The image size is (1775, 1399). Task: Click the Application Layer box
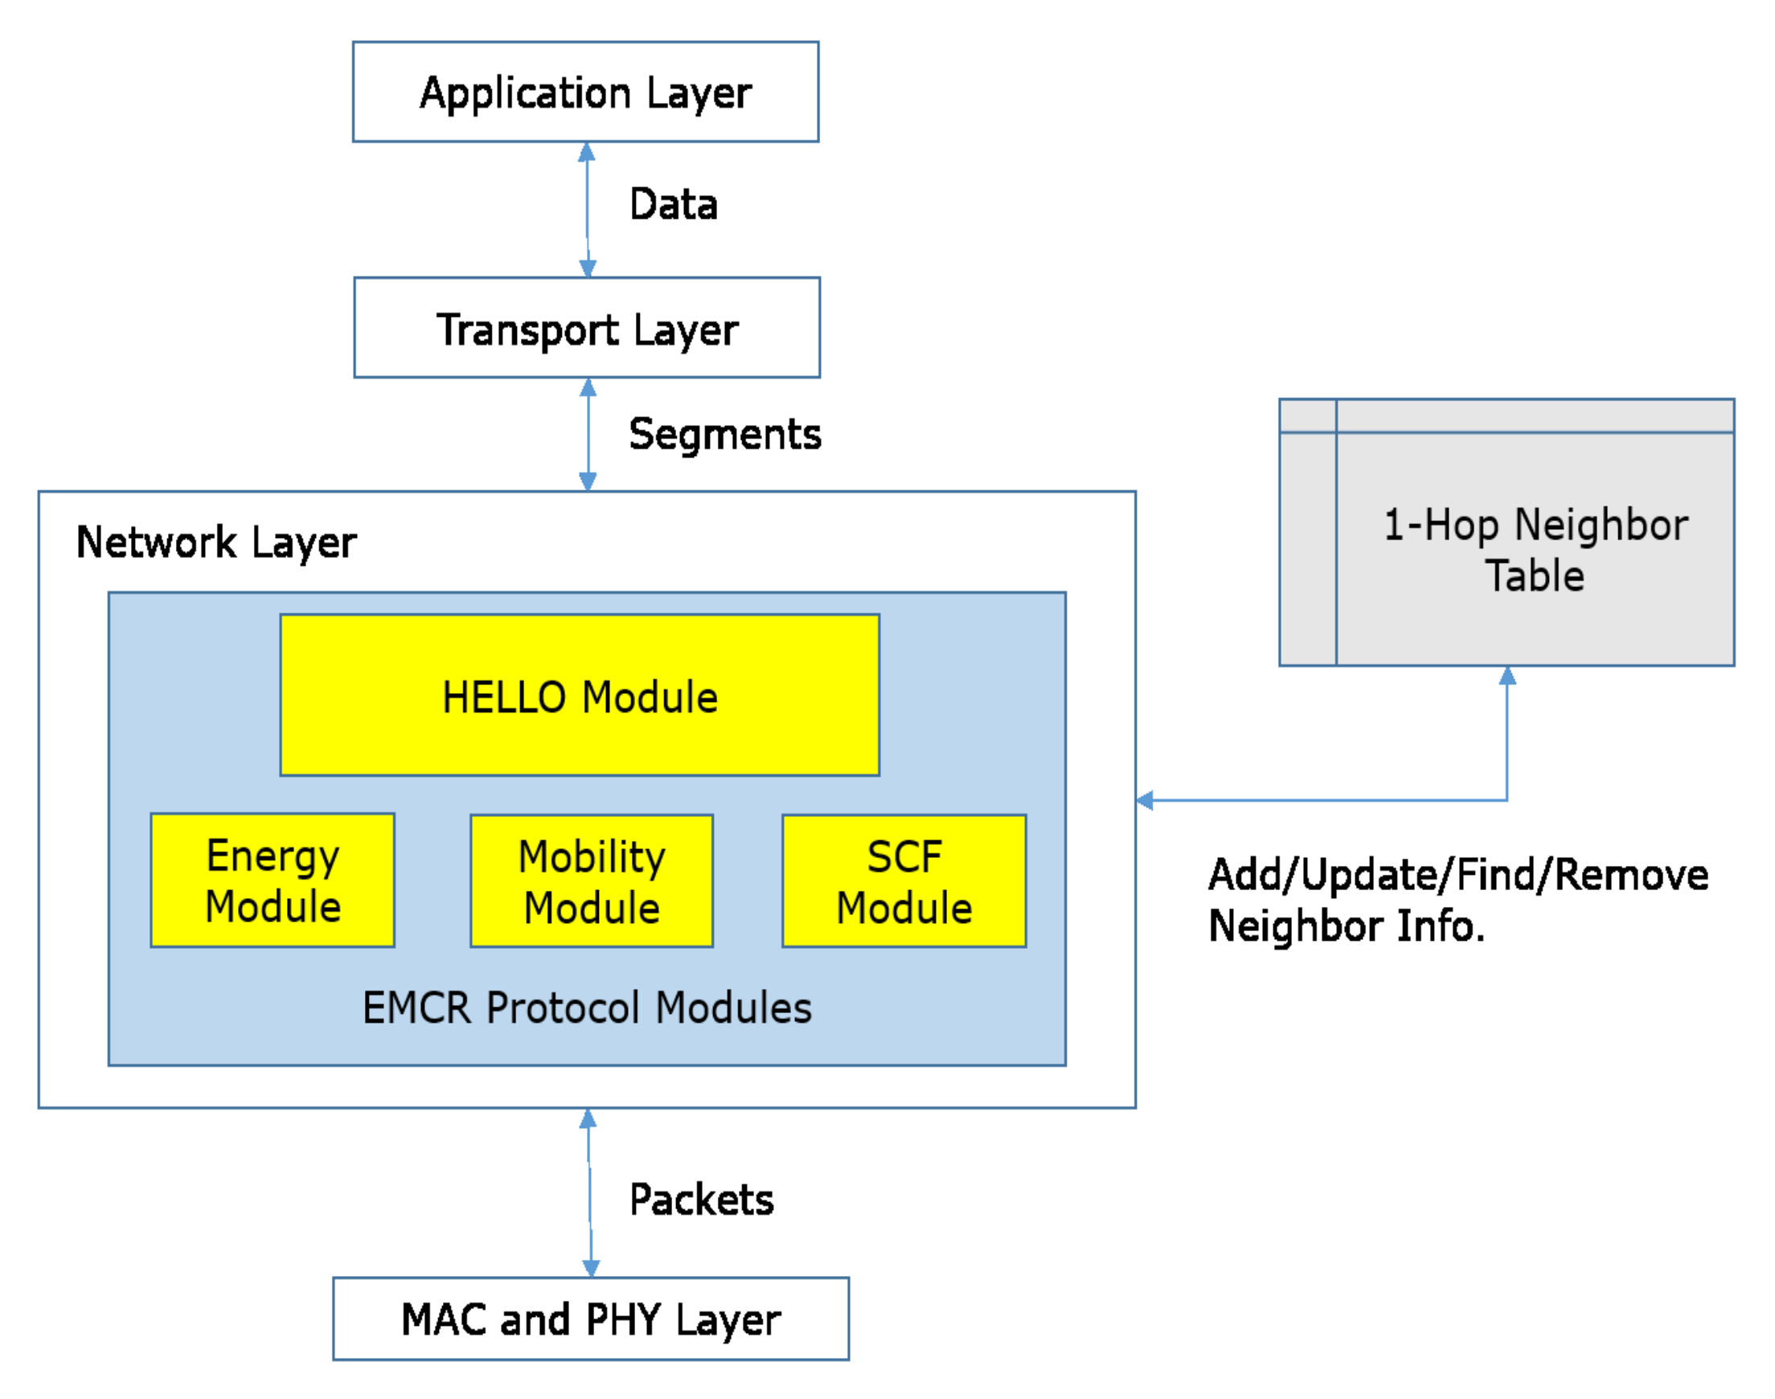585,92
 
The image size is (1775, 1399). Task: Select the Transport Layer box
586,327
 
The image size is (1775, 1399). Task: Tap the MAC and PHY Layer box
590,1319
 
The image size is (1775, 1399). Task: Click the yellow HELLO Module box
580,695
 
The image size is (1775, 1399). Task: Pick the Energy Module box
273,880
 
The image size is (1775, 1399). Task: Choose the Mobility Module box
591,881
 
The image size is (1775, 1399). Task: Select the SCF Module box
904,881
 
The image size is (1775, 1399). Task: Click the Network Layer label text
216,542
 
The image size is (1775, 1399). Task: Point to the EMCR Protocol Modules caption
587,1007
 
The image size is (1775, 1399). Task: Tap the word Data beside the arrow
673,204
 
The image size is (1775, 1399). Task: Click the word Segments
724,434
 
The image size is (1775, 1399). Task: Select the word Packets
701,1200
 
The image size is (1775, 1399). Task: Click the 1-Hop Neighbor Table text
1535,550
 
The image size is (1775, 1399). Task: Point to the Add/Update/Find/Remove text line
1458,875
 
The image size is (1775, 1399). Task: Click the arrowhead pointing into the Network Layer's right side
1146,800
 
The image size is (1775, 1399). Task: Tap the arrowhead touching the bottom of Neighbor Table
1507,675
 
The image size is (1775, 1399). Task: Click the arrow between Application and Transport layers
587,209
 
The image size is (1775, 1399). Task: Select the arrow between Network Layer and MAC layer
589,1192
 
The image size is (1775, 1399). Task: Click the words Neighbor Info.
1346,926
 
